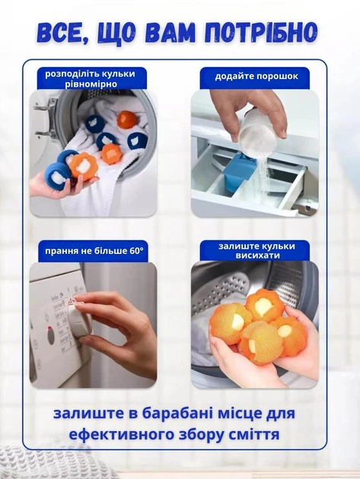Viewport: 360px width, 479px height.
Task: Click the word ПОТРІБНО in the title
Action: [260, 32]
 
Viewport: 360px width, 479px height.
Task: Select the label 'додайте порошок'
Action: [256, 76]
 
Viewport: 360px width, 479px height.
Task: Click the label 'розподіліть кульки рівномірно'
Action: [91, 78]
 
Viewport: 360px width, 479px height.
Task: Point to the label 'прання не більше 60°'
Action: [94, 251]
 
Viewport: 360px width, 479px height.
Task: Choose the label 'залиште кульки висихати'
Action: [256, 250]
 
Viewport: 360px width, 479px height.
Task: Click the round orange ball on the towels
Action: [128, 119]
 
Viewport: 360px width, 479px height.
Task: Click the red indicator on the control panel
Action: [49, 329]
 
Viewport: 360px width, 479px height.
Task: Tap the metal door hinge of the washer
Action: [43, 119]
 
